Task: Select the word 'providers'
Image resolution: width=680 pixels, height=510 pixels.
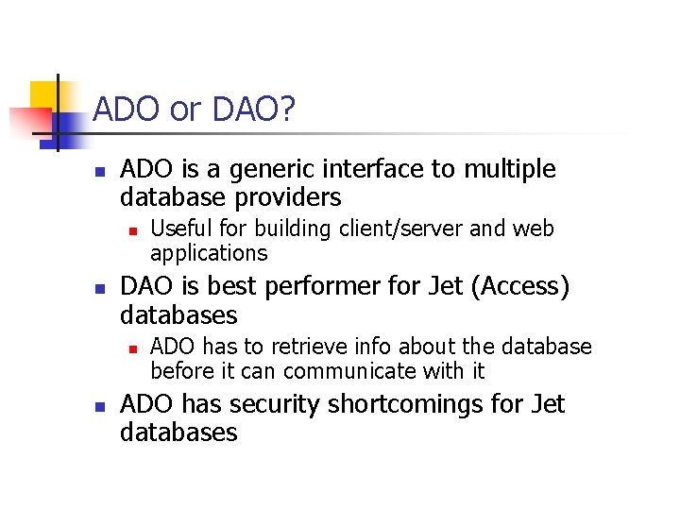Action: (x=293, y=198)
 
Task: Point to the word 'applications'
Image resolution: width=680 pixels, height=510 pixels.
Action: (x=209, y=254)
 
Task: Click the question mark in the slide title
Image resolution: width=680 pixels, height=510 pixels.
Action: (x=288, y=110)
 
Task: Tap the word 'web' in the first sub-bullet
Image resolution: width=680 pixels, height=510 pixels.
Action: (x=534, y=229)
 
